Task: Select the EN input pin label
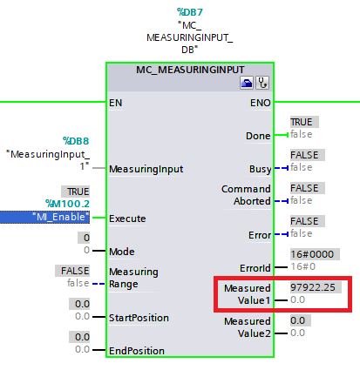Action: pyautogui.click(x=115, y=102)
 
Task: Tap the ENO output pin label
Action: pyautogui.click(x=261, y=102)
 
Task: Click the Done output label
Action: pyautogui.click(x=259, y=135)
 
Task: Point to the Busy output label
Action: pyautogui.click(x=260, y=168)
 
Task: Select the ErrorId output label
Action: pyautogui.click(x=254, y=267)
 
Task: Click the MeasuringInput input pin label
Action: pyautogui.click(x=146, y=168)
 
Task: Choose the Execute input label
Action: pyautogui.click(x=127, y=218)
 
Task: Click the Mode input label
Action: pyautogui.click(x=121, y=251)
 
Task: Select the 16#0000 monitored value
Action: pyautogui.click(x=311, y=254)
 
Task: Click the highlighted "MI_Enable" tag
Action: pyautogui.click(x=60, y=216)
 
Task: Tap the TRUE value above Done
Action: pyautogui.click(x=302, y=122)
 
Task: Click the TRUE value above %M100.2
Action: pyautogui.click(x=77, y=190)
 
